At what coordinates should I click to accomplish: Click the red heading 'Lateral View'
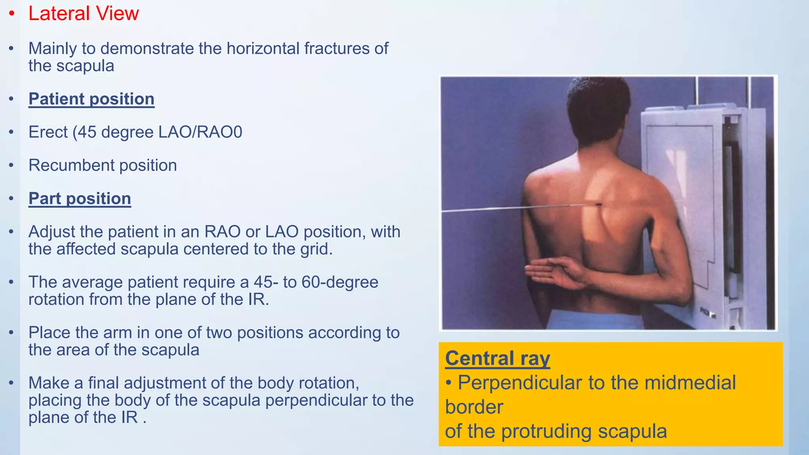[x=83, y=13]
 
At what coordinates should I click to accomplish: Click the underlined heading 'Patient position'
[x=91, y=99]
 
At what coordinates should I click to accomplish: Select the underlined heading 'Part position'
[x=79, y=198]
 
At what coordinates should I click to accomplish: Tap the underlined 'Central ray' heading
[x=497, y=358]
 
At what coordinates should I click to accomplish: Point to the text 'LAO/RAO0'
[x=200, y=132]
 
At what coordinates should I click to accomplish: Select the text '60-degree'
[x=340, y=282]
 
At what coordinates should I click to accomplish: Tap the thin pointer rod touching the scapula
[x=514, y=207]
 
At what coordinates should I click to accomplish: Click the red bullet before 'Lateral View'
[x=12, y=14]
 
